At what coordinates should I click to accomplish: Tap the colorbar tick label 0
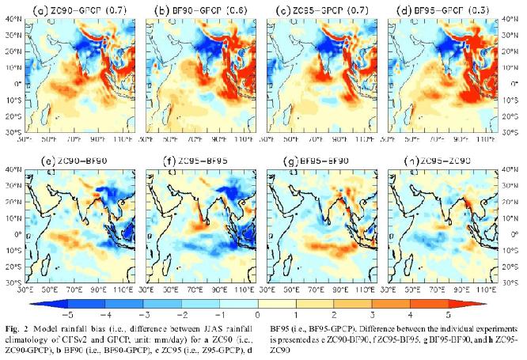(257, 314)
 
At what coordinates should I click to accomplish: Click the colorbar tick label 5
(449, 314)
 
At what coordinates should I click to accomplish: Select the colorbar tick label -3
(142, 314)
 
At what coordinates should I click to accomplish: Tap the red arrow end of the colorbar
(478, 302)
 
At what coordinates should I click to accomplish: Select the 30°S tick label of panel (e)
(13, 282)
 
